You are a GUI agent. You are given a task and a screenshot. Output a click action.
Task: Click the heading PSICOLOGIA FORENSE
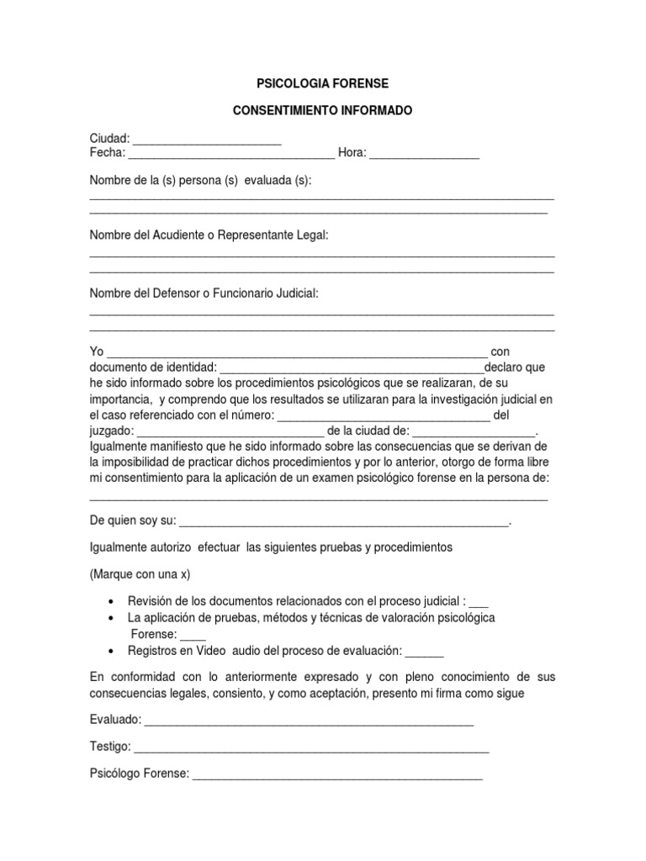[323, 84]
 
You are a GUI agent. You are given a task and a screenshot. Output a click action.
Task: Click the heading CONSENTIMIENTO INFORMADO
[323, 111]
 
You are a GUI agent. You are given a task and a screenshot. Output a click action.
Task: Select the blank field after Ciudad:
[207, 140]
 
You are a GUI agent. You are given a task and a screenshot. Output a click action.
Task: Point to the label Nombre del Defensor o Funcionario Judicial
[204, 293]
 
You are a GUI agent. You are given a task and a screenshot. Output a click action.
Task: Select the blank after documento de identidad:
[352, 368]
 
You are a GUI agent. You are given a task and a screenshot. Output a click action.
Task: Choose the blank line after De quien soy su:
[344, 522]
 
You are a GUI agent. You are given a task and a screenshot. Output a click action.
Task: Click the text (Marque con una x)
[140, 574]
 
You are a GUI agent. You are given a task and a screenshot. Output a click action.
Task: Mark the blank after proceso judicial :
[479, 603]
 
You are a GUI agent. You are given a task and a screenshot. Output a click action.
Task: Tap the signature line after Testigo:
[311, 747]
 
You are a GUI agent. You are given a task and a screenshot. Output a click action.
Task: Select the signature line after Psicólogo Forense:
[337, 775]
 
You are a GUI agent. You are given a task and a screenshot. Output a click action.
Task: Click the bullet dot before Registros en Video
[112, 652]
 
